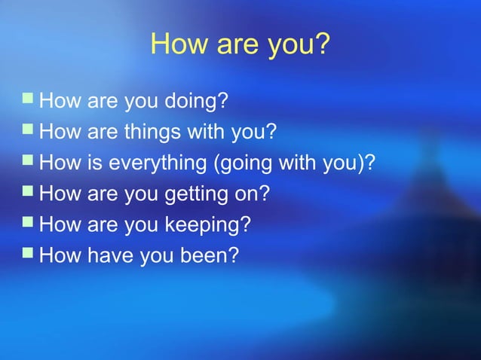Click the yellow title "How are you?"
[240, 44]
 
